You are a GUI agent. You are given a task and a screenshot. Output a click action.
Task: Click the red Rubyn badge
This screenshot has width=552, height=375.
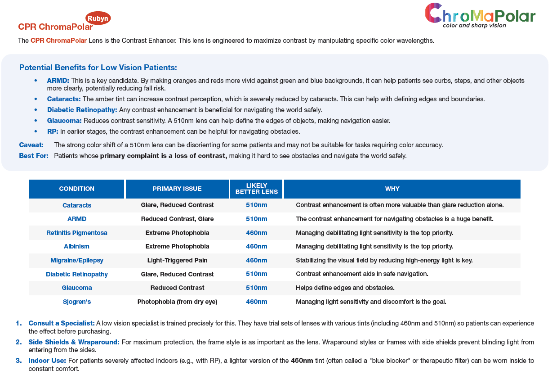pos(98,18)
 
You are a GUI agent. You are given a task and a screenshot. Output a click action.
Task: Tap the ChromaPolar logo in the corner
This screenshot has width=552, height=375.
pos(480,16)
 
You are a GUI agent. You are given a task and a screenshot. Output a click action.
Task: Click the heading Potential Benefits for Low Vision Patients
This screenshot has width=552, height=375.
pos(98,68)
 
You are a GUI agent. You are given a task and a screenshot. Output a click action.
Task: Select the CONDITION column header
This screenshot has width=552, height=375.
pos(76,189)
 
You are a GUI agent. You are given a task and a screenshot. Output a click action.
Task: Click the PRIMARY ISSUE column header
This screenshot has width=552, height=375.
pos(177,189)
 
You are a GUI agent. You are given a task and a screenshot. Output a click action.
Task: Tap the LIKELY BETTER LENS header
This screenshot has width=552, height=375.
pos(256,189)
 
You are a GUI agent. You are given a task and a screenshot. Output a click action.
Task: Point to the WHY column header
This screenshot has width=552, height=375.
pos(392,189)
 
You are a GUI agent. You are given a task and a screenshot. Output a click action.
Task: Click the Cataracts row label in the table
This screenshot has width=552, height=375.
pos(77,205)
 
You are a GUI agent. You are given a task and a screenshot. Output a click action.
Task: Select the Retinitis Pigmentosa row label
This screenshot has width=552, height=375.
pos(77,233)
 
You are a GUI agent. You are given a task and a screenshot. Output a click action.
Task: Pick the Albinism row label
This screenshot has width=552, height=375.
pos(77,246)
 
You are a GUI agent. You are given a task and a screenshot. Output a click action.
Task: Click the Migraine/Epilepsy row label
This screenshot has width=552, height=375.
pos(77,260)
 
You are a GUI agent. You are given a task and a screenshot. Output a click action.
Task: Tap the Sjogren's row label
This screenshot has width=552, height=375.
pos(77,302)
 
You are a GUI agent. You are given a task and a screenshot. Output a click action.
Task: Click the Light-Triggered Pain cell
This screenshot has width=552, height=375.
pos(177,260)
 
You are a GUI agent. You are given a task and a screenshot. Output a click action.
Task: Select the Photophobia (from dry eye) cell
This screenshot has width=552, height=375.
pos(177,302)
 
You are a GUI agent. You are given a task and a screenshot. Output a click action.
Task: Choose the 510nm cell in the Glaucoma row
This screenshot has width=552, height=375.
pos(256,288)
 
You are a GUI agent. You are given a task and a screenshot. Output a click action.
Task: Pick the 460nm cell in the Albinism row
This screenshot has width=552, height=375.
pos(256,246)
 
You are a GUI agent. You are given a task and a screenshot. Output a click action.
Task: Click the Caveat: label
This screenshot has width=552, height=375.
pos(31,145)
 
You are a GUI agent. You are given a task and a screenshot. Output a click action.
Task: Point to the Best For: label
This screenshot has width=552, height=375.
pos(34,156)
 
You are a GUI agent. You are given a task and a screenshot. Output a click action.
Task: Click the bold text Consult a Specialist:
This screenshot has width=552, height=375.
pos(62,323)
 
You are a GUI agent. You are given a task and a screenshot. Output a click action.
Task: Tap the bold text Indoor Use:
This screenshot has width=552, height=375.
pos(47,361)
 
